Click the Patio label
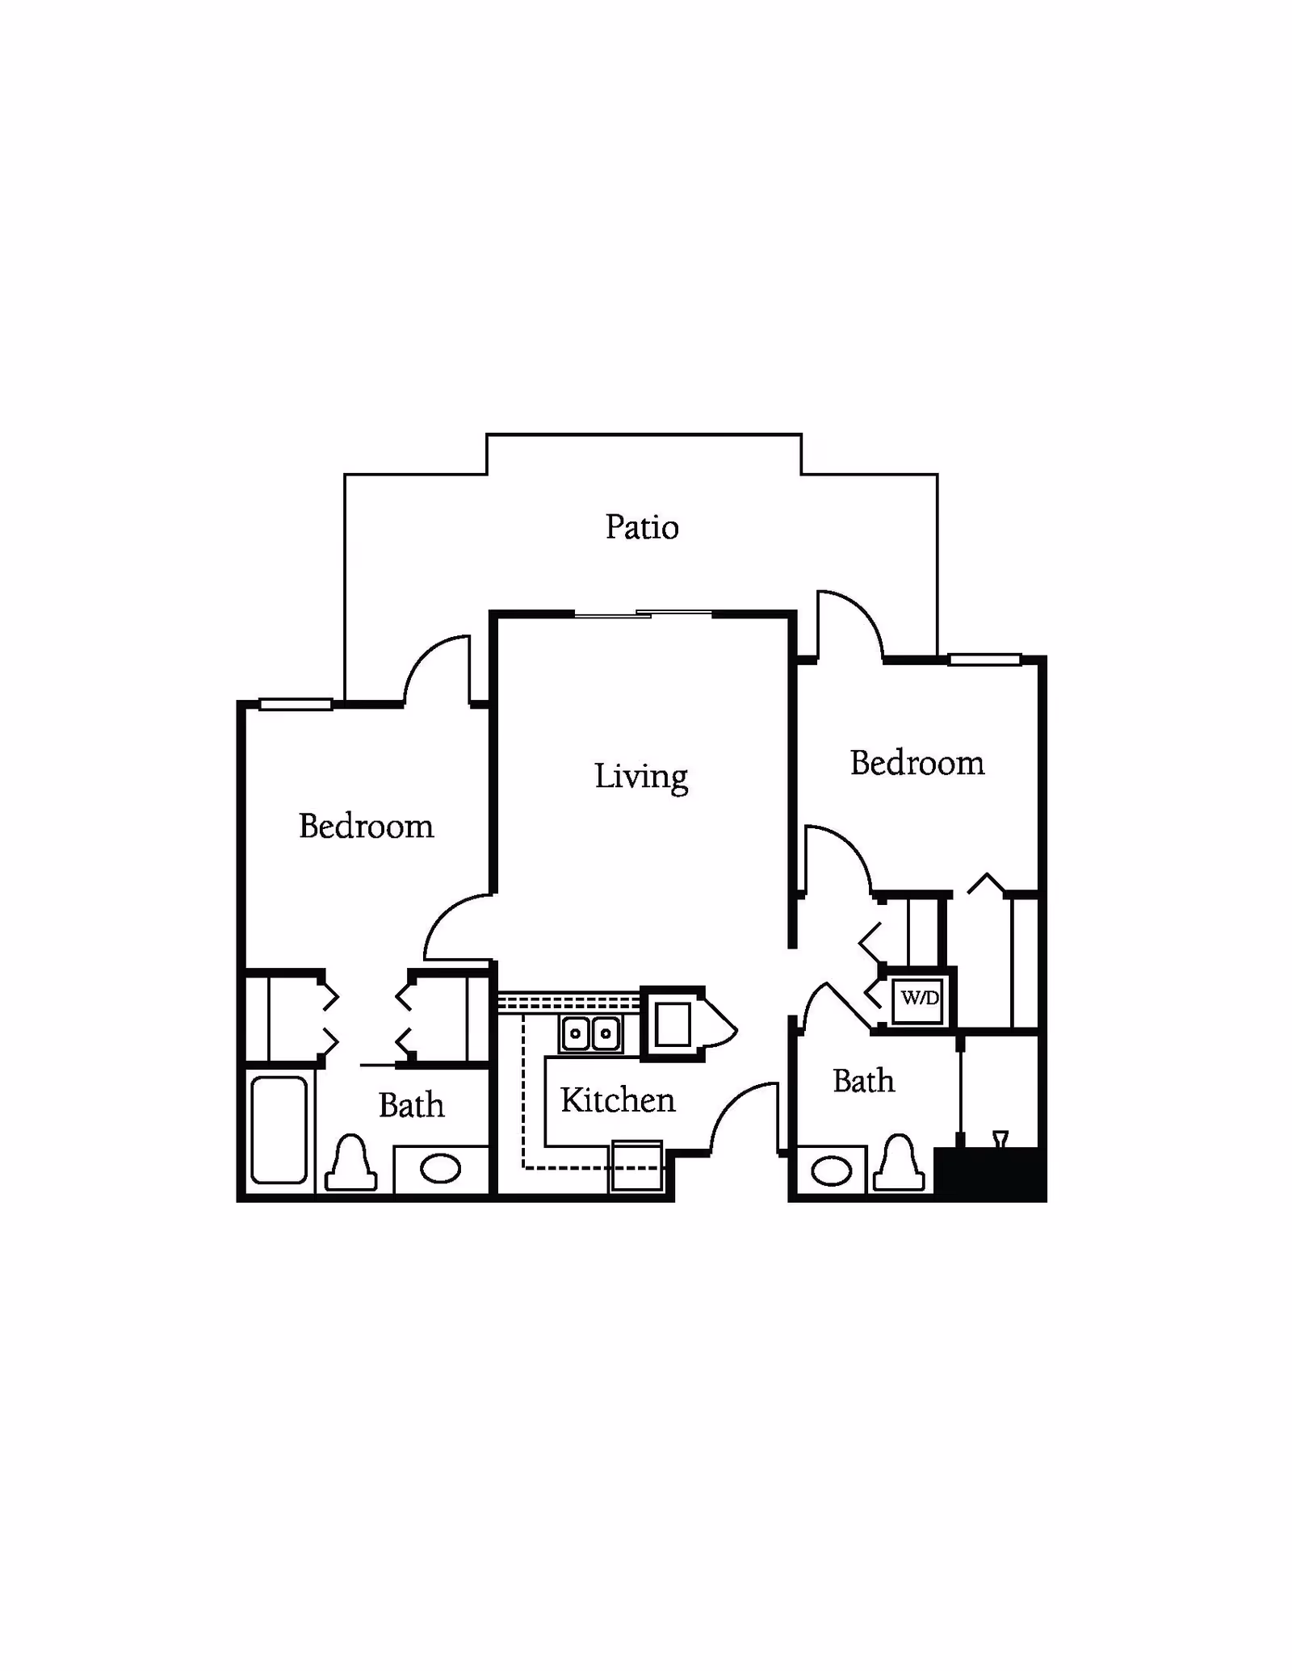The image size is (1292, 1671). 642,527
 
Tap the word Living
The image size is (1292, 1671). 641,777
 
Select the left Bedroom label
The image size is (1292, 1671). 366,826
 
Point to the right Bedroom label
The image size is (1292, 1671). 917,763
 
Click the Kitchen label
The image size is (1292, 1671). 618,1099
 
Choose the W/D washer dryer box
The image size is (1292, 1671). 919,999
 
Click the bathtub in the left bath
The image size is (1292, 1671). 279,1129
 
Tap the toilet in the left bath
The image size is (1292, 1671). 350,1162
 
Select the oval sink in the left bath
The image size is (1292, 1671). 440,1168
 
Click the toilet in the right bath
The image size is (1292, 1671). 899,1162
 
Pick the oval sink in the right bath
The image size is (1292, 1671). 831,1171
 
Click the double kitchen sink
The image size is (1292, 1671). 590,1033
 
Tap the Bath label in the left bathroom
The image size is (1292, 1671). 411,1105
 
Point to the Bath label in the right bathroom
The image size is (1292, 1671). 864,1081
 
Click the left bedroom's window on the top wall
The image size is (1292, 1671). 296,704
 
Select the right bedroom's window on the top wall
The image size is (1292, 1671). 984,660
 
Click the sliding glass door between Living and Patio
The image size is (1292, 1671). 644,614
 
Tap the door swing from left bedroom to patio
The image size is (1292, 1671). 437,669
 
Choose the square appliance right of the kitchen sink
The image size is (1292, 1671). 673,1024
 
